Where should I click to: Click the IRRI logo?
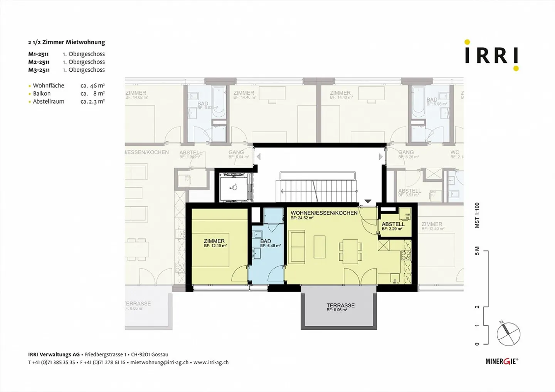tap(491, 55)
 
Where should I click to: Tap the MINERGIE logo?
tap(501, 361)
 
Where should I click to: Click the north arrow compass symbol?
tap(508, 333)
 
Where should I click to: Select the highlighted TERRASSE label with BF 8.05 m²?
tap(340, 307)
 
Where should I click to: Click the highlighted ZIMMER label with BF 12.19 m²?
tap(214, 243)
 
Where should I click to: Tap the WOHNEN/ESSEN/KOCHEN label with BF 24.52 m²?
tap(324, 214)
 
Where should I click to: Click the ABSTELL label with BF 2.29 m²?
tap(393, 226)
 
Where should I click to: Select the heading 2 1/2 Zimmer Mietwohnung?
tap(66, 42)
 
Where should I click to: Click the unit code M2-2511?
tap(39, 62)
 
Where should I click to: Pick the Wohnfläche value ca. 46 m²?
tap(92, 85)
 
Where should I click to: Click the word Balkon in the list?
tap(42, 94)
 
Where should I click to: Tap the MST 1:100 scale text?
tap(477, 215)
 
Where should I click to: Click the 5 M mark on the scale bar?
tap(477, 251)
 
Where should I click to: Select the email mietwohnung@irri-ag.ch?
tap(159, 362)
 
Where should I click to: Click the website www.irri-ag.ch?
tap(211, 362)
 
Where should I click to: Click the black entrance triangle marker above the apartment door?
tap(368, 201)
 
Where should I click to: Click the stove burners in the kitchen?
tap(407, 255)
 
